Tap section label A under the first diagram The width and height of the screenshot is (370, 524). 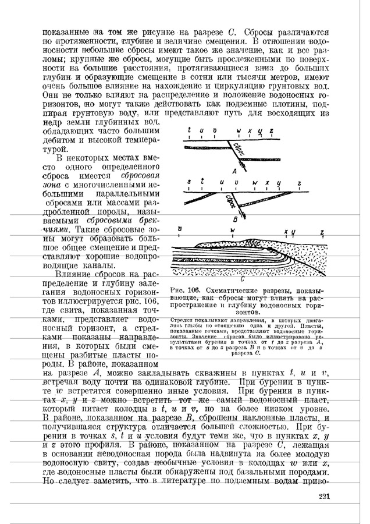[x=234, y=171]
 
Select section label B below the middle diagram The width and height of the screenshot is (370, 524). [x=234, y=220]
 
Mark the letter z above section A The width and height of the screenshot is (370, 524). [x=271, y=132]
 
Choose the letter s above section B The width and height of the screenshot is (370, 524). [x=189, y=182]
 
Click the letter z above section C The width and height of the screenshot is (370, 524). [x=322, y=232]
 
